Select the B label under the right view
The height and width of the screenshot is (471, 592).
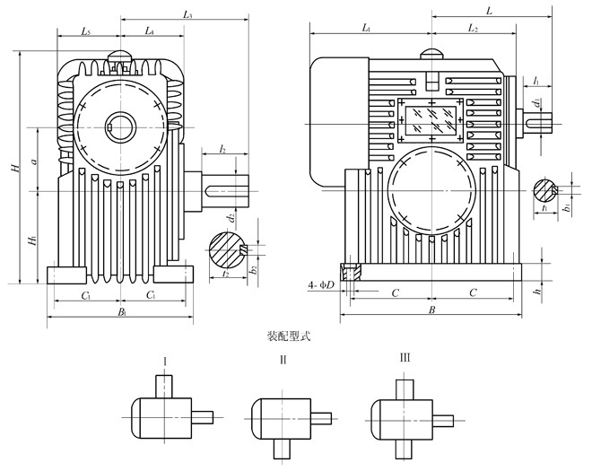coord(431,310)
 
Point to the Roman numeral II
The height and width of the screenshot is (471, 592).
coord(283,360)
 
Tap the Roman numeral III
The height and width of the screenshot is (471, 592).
coord(405,358)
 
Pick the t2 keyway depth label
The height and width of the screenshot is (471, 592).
coord(224,275)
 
